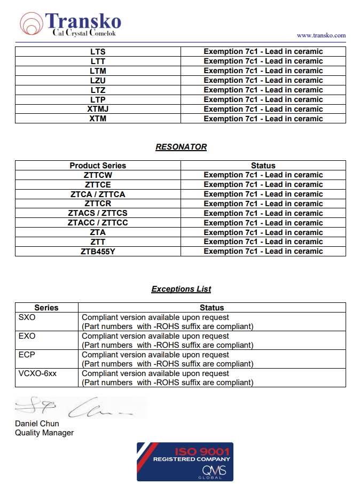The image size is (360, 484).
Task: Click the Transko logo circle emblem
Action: coord(32,24)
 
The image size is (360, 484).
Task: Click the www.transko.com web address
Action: coord(321,35)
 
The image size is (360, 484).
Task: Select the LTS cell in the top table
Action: coord(98,52)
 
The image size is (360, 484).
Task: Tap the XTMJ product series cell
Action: coord(98,109)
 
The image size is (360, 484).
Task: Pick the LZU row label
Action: coord(98,81)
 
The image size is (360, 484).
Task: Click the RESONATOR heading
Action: coord(181,147)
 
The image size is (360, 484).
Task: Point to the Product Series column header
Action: coord(98,166)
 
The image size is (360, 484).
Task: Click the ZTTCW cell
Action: coord(98,175)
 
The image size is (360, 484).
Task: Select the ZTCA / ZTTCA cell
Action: coord(98,194)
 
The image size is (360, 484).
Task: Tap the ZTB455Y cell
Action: coord(98,252)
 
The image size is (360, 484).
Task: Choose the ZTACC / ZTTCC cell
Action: coord(98,223)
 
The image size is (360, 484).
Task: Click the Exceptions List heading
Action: coord(181,289)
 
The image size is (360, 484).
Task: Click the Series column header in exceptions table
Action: coord(46,308)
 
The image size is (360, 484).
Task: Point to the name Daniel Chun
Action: coord(37,424)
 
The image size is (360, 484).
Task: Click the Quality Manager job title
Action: coord(44,433)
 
